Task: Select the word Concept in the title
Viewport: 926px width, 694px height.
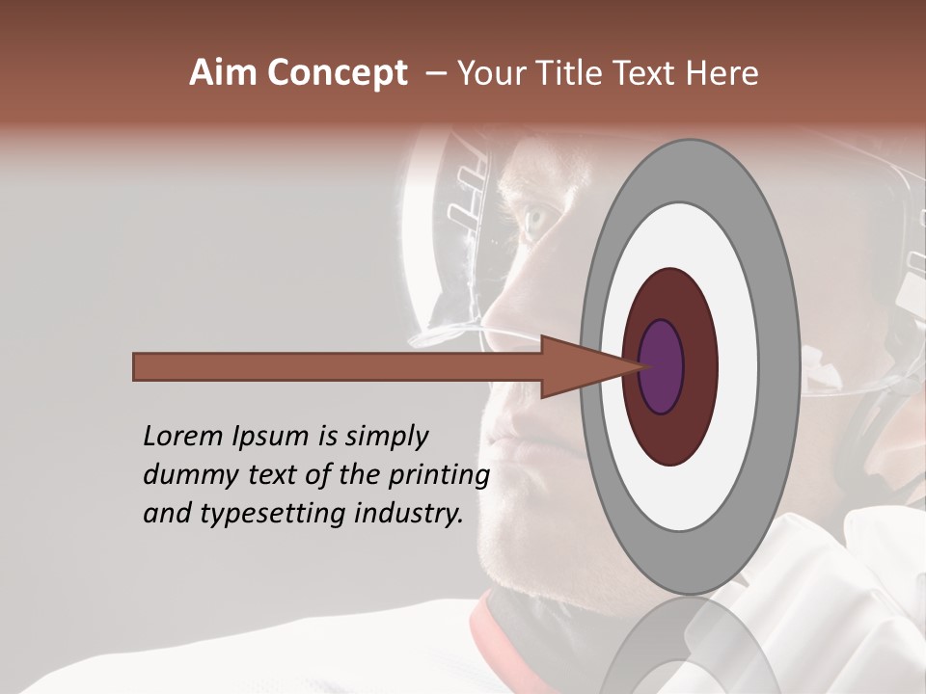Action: (x=336, y=73)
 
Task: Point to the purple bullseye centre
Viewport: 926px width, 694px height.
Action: (x=662, y=366)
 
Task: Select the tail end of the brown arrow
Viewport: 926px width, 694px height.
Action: (x=135, y=366)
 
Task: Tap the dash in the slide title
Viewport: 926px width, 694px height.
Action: (x=436, y=73)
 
